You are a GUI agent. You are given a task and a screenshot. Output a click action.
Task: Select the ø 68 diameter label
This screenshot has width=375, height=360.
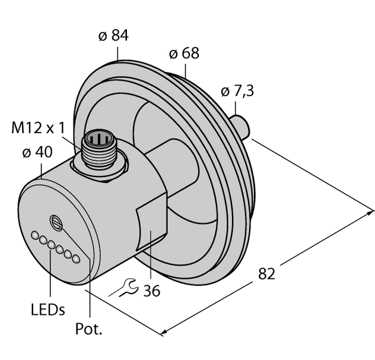pos(184,53)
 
